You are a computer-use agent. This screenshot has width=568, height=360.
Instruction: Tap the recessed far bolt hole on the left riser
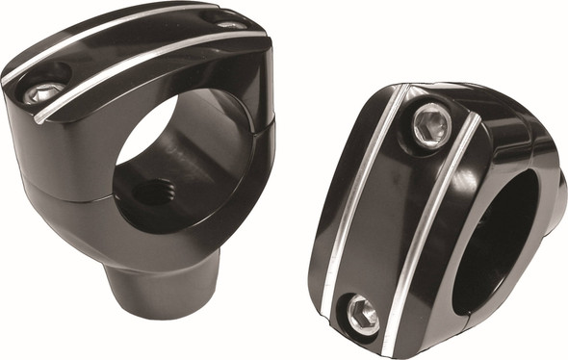(x=229, y=21)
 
